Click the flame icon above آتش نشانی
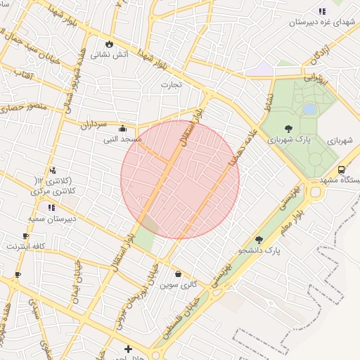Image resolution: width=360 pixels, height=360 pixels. (110, 44)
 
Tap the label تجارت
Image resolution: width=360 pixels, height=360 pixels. (170, 85)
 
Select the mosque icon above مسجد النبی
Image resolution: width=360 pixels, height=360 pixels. (124, 129)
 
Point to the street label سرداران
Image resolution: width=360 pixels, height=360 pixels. (92, 124)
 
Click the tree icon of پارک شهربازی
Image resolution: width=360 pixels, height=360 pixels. (289, 129)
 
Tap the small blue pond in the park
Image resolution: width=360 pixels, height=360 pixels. (309, 110)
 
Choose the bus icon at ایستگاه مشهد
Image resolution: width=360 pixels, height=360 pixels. (341, 169)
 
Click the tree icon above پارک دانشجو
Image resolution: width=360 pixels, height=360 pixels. (259, 240)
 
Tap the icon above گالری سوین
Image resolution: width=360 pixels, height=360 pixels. (179, 274)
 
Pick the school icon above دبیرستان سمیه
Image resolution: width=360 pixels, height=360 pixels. (51, 208)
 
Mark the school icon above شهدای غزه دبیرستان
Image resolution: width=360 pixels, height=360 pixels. (322, 11)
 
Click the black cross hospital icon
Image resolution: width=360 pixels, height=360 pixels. (128, 349)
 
